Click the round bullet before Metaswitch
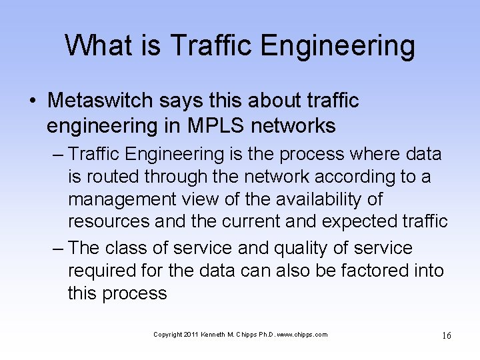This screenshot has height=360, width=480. coord(33,101)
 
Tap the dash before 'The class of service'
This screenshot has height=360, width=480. coord(58,248)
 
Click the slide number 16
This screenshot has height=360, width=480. coord(446,335)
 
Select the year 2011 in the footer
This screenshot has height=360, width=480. coord(191,335)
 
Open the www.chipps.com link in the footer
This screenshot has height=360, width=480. coord(303,335)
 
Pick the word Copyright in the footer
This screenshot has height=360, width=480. coord(167,335)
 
